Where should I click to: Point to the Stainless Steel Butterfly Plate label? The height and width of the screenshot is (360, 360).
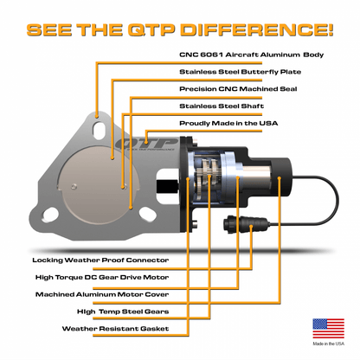click(235, 72)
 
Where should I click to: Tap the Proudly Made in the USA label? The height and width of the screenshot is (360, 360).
click(229, 123)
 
